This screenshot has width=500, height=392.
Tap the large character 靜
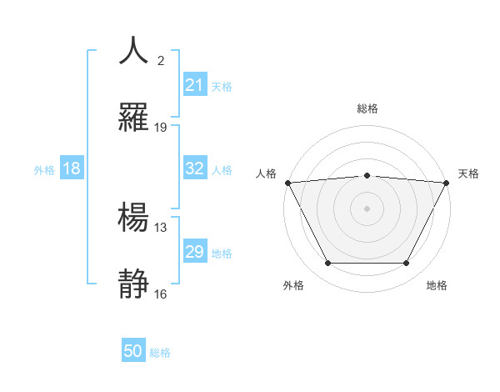134,284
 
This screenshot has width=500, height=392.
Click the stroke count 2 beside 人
161,61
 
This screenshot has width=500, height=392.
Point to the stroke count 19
161,128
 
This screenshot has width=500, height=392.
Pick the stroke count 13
161,227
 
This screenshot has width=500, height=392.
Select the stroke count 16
161,294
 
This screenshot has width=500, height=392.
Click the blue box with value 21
195,85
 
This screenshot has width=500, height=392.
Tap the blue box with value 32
195,168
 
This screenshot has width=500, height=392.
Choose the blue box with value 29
195,252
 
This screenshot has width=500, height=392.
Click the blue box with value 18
72,168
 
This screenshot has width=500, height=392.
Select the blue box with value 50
133,351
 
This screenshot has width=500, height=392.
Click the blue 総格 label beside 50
161,353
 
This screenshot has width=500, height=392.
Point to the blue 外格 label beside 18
44,170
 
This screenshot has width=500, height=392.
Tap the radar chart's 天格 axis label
469,173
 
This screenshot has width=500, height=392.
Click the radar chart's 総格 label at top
367,108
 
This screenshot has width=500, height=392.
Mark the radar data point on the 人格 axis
288,183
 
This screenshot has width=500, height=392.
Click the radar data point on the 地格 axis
407,264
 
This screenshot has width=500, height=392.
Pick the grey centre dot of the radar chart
367,208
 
